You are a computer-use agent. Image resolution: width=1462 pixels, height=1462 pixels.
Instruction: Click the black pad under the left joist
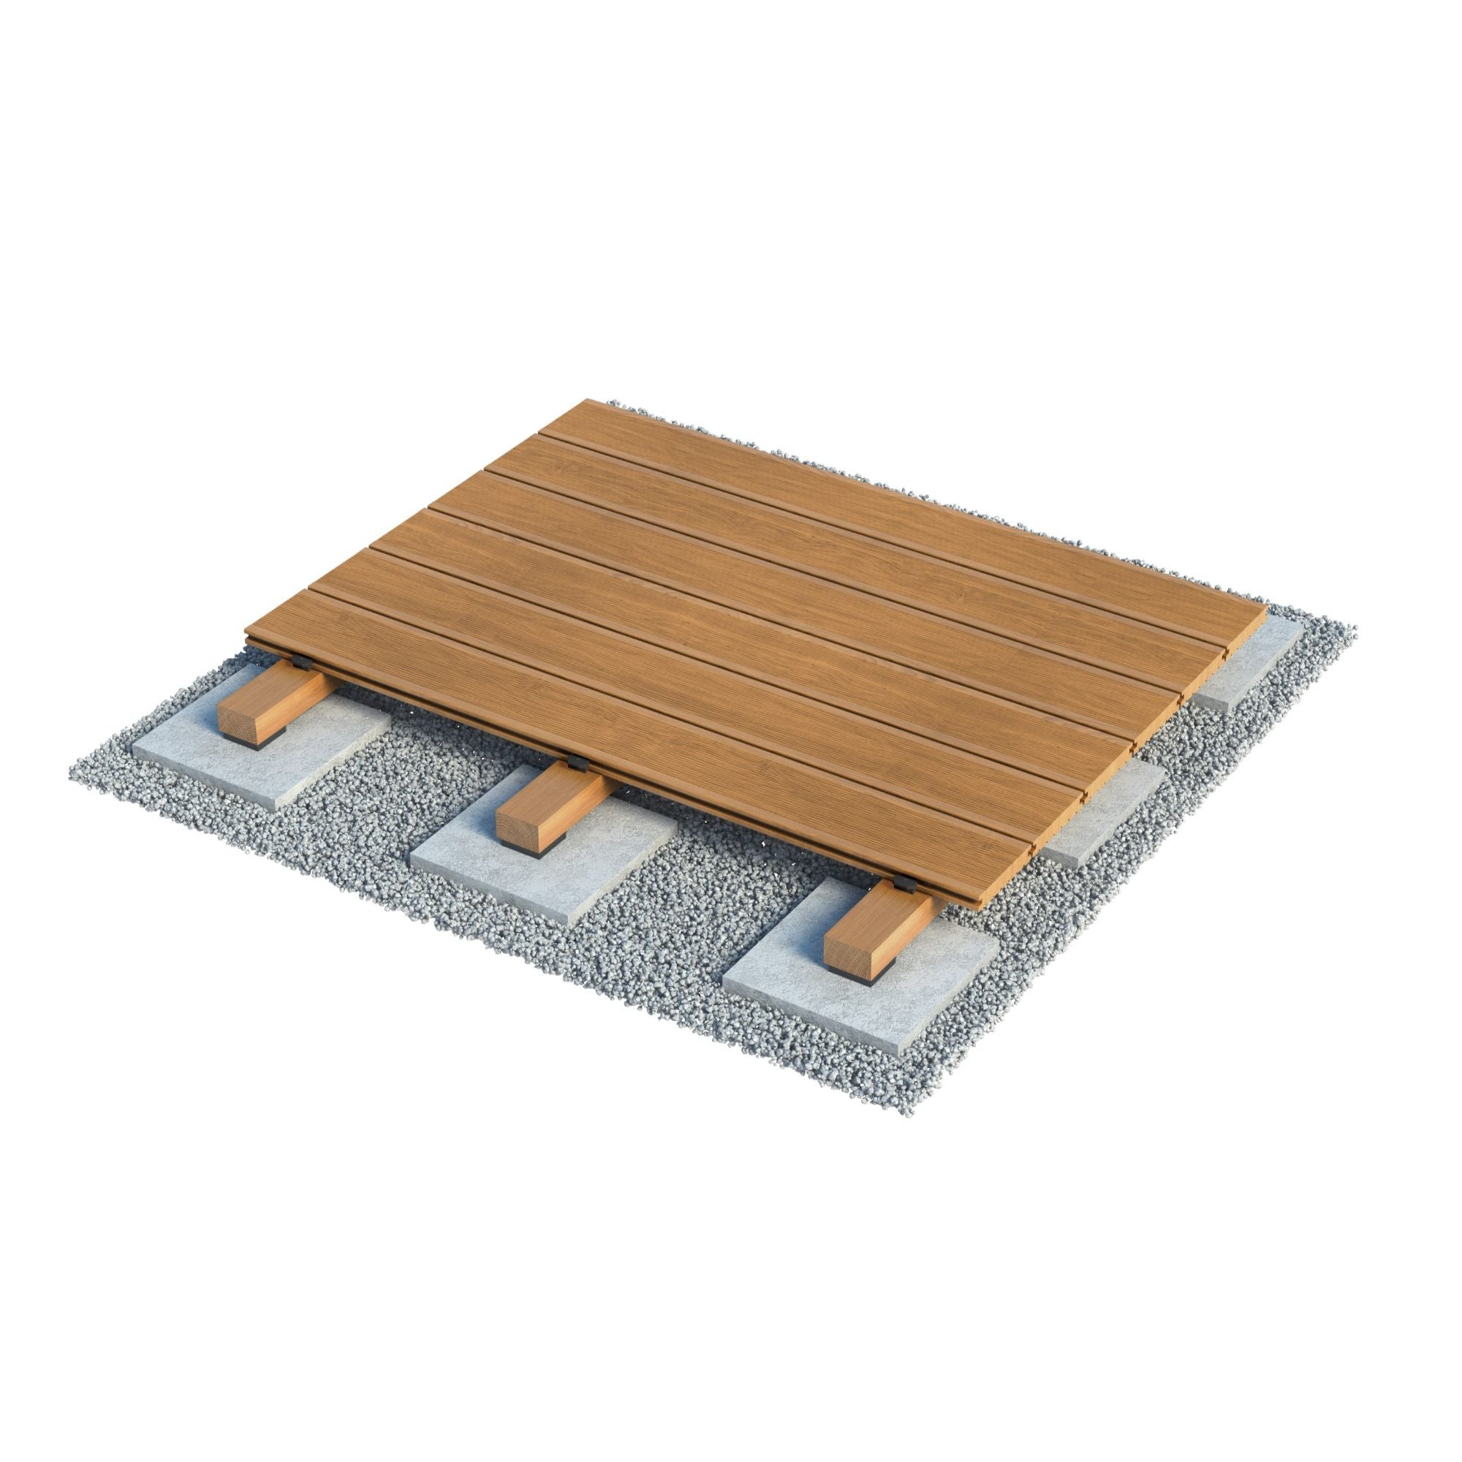(x=246, y=743)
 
